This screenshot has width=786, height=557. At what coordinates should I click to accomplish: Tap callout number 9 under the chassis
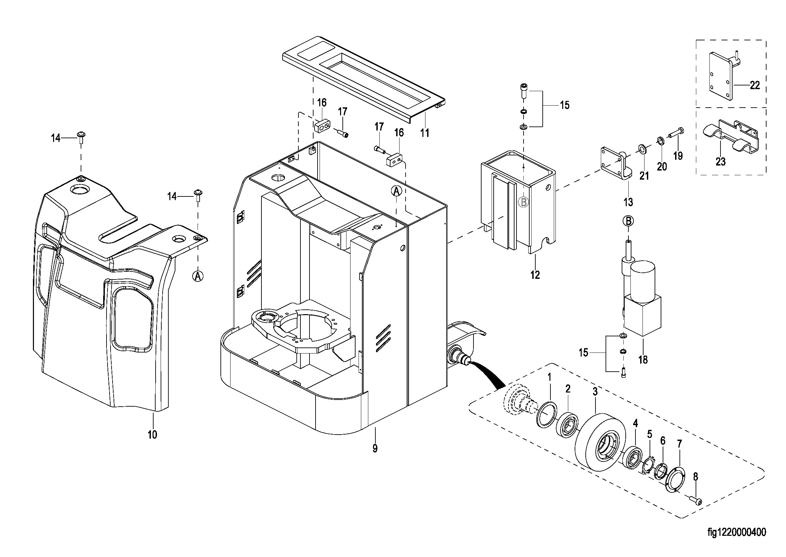[x=375, y=448]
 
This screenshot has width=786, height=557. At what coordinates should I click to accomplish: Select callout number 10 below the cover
[x=153, y=435]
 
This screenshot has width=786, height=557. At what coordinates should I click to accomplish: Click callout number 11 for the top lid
[x=425, y=133]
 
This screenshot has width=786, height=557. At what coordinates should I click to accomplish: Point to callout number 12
[x=535, y=275]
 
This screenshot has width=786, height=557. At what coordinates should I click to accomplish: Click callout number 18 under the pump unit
[x=643, y=360]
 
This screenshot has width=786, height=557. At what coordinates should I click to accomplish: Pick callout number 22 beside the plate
[x=755, y=85]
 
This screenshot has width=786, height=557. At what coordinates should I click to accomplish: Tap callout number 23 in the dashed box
[x=720, y=161]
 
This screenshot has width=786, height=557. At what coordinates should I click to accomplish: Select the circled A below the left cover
[x=198, y=276]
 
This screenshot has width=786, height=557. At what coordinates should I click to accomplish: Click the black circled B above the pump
[x=628, y=221]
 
